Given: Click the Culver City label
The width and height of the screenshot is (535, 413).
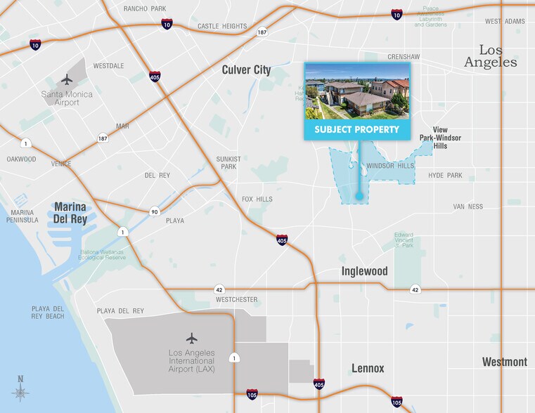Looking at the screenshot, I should point(246,70).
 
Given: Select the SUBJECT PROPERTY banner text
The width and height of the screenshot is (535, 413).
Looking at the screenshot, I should point(356,129).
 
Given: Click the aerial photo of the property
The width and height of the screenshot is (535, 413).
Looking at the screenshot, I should point(356,91).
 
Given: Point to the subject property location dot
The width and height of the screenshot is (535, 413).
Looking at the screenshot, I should point(359,197).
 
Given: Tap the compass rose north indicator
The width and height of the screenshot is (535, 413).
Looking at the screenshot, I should point(20,388).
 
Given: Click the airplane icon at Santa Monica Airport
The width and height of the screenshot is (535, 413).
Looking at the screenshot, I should point(67,79).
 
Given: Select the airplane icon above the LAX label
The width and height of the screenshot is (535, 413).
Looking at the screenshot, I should point(191,338).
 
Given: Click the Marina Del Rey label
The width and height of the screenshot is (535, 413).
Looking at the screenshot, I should point(70,212).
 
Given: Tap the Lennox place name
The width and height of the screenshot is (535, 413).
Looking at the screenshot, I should point(368,368).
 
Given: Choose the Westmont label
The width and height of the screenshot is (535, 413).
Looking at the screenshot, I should point(504,362).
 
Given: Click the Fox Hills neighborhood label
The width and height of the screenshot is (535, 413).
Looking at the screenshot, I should point(257,199).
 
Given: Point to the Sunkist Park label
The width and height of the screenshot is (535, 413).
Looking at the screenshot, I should point(228,162).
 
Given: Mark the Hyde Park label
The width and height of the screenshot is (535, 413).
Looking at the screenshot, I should point(445,175).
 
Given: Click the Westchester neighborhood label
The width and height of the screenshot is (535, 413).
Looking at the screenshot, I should point(236,300).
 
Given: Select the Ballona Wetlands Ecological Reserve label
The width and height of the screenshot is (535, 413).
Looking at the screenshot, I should point(101,254).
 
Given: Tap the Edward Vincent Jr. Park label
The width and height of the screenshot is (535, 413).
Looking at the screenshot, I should point(404,240).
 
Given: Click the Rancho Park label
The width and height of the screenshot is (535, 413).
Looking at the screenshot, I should point(144,8).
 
